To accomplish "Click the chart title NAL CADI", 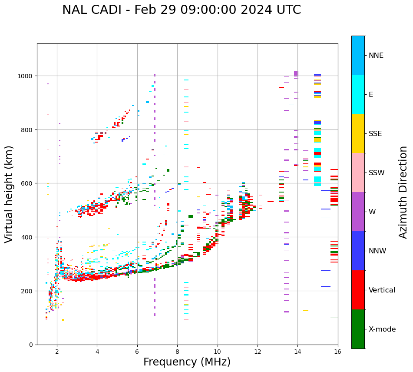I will click(x=181, y=10).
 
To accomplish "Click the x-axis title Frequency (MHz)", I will click(x=187, y=362).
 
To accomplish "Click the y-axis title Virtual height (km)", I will click(x=9, y=194).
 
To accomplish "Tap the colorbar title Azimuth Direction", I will click(x=403, y=192).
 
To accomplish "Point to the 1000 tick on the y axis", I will click(x=26, y=76).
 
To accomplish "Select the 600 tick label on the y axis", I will click(x=28, y=183).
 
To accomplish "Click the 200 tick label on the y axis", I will click(x=28, y=291).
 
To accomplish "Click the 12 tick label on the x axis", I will click(x=258, y=352).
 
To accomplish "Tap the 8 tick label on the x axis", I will click(x=177, y=352).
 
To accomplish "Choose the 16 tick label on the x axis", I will click(x=337, y=352).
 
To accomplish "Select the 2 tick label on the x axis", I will click(x=57, y=352).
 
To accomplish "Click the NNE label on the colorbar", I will click(x=376, y=56).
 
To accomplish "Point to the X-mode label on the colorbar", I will click(x=382, y=329).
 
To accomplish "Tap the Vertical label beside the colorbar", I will click(x=382, y=290).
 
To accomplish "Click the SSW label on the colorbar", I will click(x=377, y=173).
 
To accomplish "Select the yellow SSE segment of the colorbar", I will click(x=358, y=133).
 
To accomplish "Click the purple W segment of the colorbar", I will click(x=358, y=212).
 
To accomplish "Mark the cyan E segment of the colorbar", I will click(x=358, y=94).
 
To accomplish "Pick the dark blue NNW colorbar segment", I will click(x=358, y=251).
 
